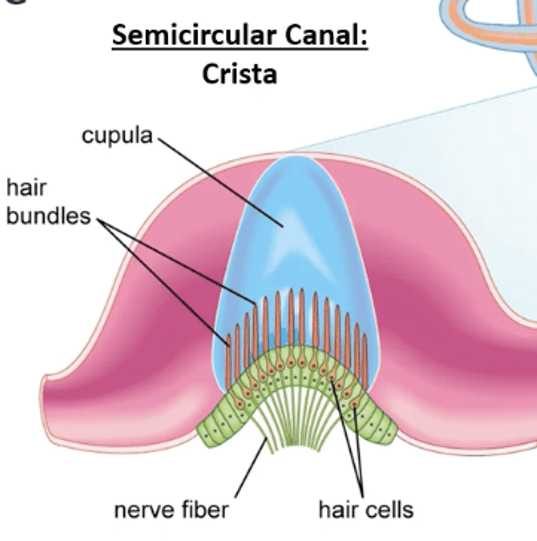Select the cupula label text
(x=117, y=135)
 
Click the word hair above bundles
(x=26, y=188)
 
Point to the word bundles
(x=48, y=216)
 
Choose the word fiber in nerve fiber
(x=205, y=510)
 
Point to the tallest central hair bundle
(x=291, y=316)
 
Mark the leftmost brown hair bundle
(x=228, y=361)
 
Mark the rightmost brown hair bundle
(x=364, y=365)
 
